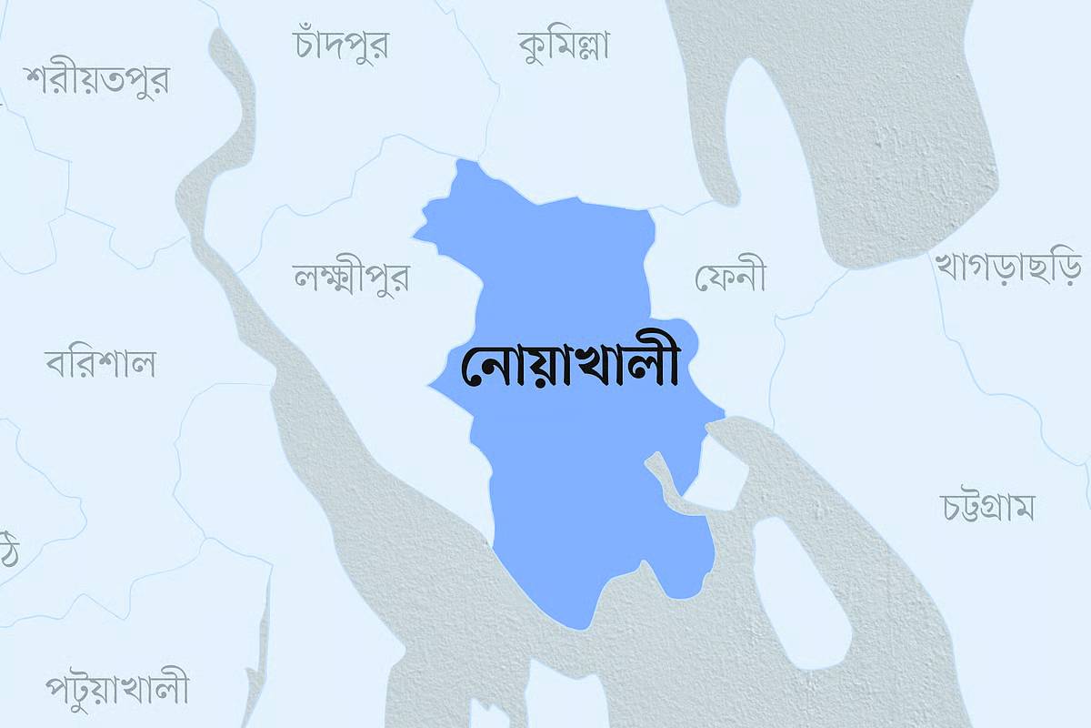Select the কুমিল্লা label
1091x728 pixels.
[564, 43]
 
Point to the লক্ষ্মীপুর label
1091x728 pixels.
[351, 276]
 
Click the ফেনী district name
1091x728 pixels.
[730, 276]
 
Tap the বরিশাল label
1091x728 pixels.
[100, 363]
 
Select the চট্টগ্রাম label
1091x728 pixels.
[987, 507]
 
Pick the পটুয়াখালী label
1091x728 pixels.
[118, 687]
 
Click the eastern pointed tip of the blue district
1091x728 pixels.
[723, 416]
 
